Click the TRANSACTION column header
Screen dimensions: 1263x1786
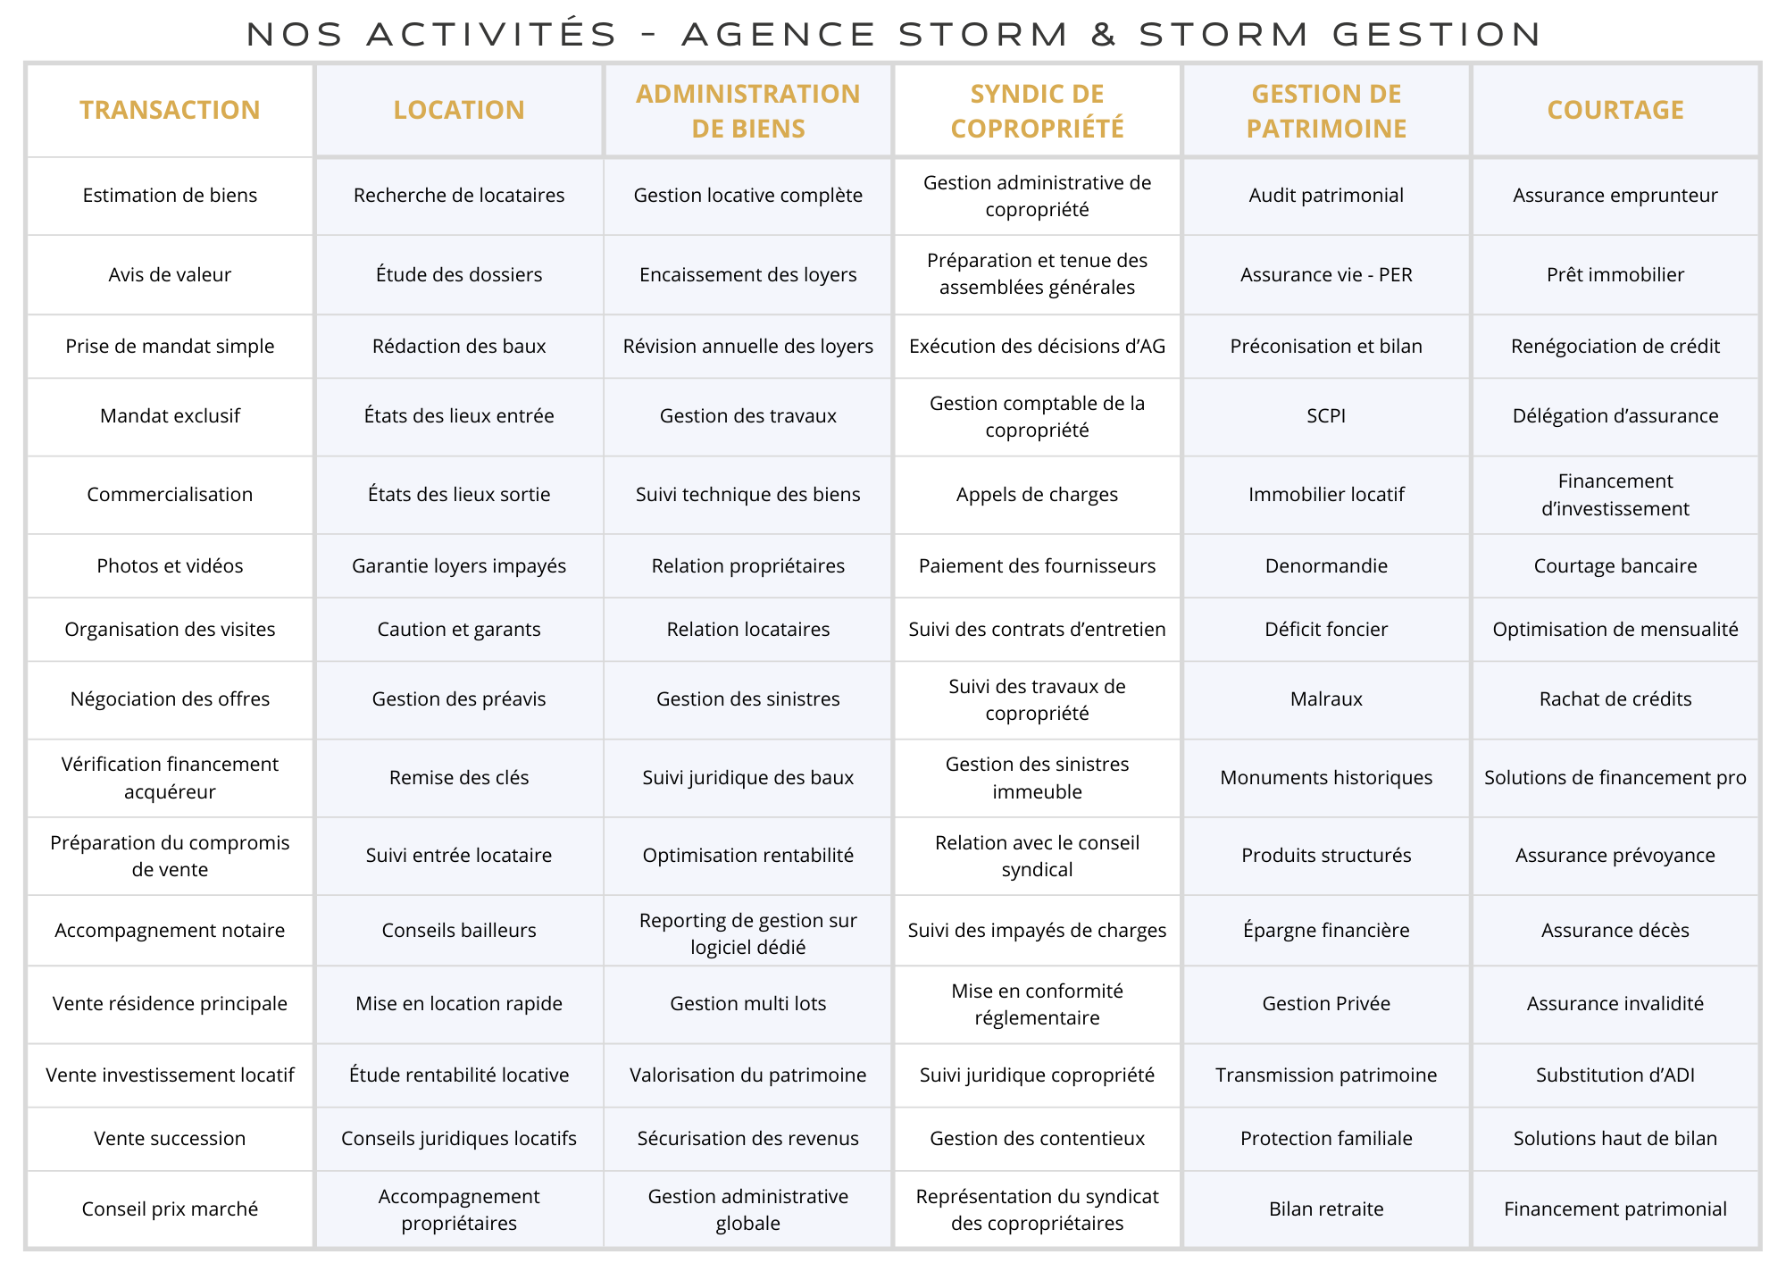[170, 110]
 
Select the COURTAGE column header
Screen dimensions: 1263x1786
[1615, 110]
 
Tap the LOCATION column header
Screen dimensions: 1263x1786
[459, 110]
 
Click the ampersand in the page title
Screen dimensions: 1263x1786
[1104, 35]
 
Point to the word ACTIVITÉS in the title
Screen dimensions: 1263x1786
[492, 35]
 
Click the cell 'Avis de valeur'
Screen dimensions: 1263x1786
[170, 274]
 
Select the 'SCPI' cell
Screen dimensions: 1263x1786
[1326, 415]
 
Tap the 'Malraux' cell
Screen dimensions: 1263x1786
[1326, 698]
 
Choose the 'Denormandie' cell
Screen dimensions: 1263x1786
[1326, 565]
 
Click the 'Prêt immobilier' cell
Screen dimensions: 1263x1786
[1615, 274]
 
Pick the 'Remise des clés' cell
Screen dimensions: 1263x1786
[459, 777]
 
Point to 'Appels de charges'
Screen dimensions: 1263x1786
[1037, 494]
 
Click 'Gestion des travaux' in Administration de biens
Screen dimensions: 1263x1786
[748, 415]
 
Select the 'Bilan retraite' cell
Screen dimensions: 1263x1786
[1326, 1209]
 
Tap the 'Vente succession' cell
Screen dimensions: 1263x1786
[170, 1138]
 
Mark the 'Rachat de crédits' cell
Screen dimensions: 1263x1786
[1615, 698]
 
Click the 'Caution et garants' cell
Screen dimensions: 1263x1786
[459, 629]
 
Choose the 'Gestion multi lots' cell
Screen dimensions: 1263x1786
[748, 1003]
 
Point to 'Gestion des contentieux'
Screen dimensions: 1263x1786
[1037, 1138]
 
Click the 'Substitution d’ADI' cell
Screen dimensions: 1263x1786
[1615, 1075]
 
